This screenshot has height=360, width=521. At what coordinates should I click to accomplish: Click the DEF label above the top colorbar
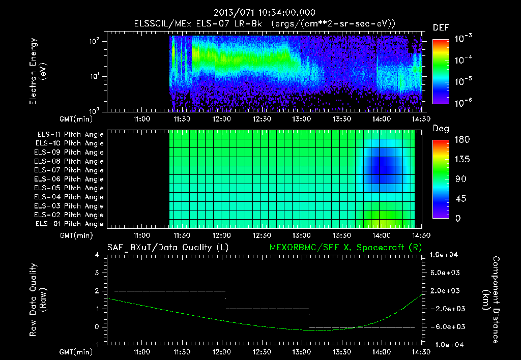(440, 28)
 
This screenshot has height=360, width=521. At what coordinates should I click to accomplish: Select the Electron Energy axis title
(38, 73)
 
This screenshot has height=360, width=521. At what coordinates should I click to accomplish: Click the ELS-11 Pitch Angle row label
(70, 135)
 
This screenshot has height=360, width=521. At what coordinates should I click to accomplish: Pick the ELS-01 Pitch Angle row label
(70, 224)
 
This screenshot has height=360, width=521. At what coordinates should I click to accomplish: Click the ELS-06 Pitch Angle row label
(70, 179)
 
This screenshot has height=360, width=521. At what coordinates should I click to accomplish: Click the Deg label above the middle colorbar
(440, 129)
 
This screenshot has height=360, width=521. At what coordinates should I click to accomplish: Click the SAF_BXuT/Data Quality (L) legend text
(167, 248)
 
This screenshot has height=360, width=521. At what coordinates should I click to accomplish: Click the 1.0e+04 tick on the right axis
(445, 255)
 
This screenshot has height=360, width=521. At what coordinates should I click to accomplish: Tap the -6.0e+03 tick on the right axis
(445, 326)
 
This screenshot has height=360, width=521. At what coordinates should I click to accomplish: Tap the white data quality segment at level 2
(169, 291)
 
